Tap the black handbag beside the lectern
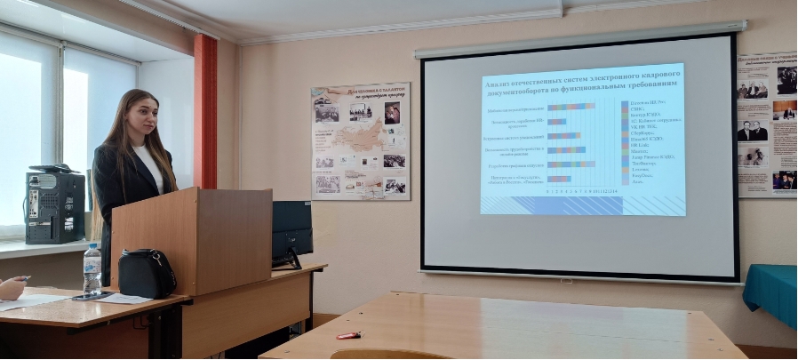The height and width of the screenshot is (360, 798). click(147, 273)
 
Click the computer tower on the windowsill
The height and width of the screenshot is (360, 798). click(54, 207)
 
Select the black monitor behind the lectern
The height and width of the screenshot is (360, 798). click(291, 229)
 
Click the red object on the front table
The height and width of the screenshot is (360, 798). click(348, 335)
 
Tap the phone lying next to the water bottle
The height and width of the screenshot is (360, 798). click(92, 296)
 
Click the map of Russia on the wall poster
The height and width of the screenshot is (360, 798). click(355, 142)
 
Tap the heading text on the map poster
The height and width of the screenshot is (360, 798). click(361, 92)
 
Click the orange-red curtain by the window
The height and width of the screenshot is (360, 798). click(205, 111)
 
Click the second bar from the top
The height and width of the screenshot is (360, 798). click(557, 122)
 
